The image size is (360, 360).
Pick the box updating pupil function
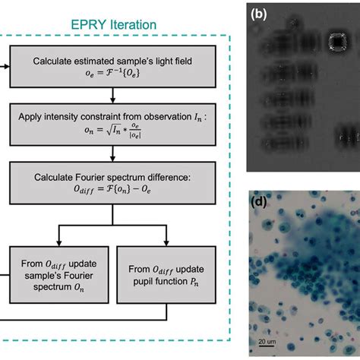[168, 263]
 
